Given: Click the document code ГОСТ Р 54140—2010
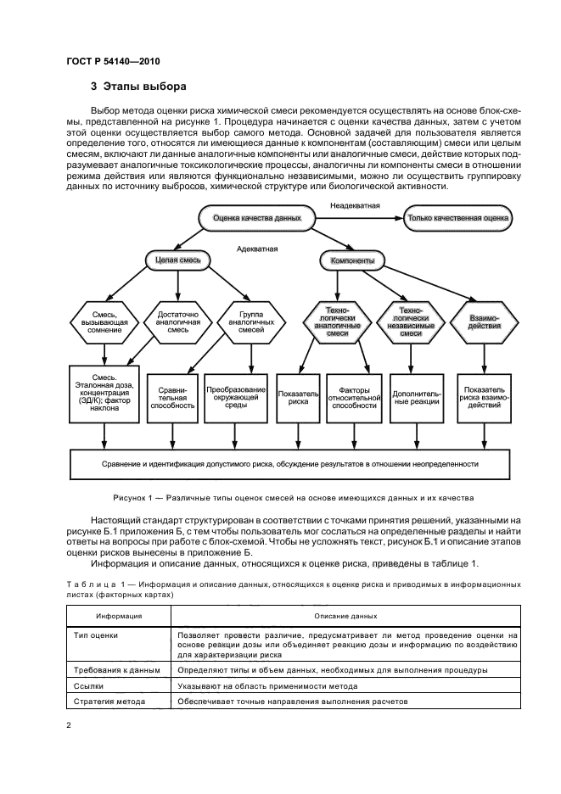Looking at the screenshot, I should tap(113, 61).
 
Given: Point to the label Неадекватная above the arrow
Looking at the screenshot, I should tap(356, 205).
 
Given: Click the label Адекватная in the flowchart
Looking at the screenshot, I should tap(258, 249).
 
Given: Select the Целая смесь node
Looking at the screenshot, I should tap(173, 260).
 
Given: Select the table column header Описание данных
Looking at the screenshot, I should tap(345, 615).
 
